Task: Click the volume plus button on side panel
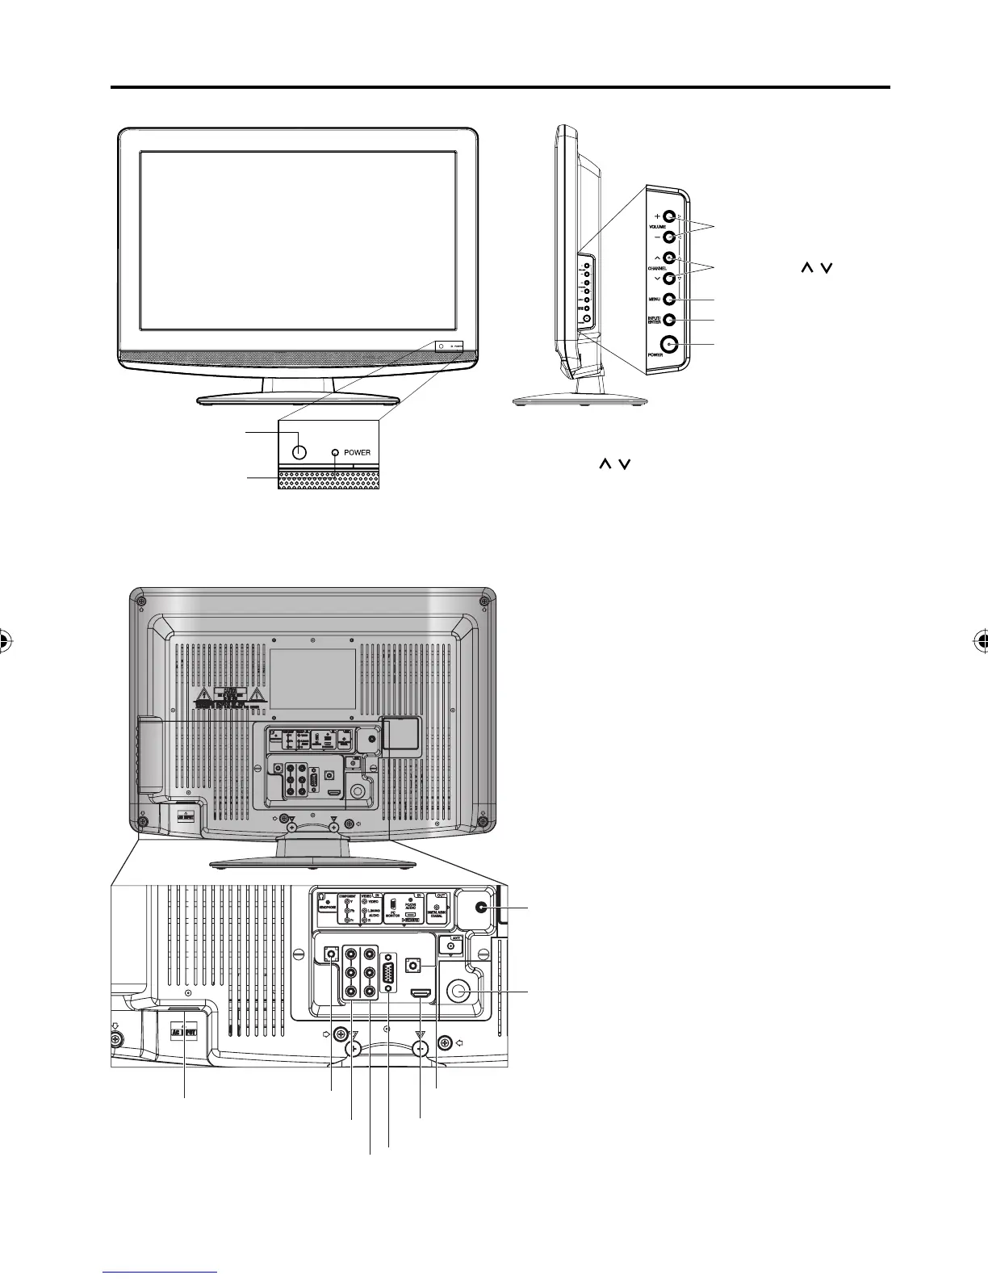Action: (669, 217)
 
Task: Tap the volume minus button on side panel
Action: (669, 238)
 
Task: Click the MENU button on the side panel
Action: (669, 300)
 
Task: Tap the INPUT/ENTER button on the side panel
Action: (669, 320)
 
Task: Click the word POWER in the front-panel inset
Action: (357, 452)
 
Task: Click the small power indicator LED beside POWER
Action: (336, 452)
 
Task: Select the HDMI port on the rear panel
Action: (421, 992)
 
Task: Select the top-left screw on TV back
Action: (142, 600)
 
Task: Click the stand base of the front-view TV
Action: (298, 399)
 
